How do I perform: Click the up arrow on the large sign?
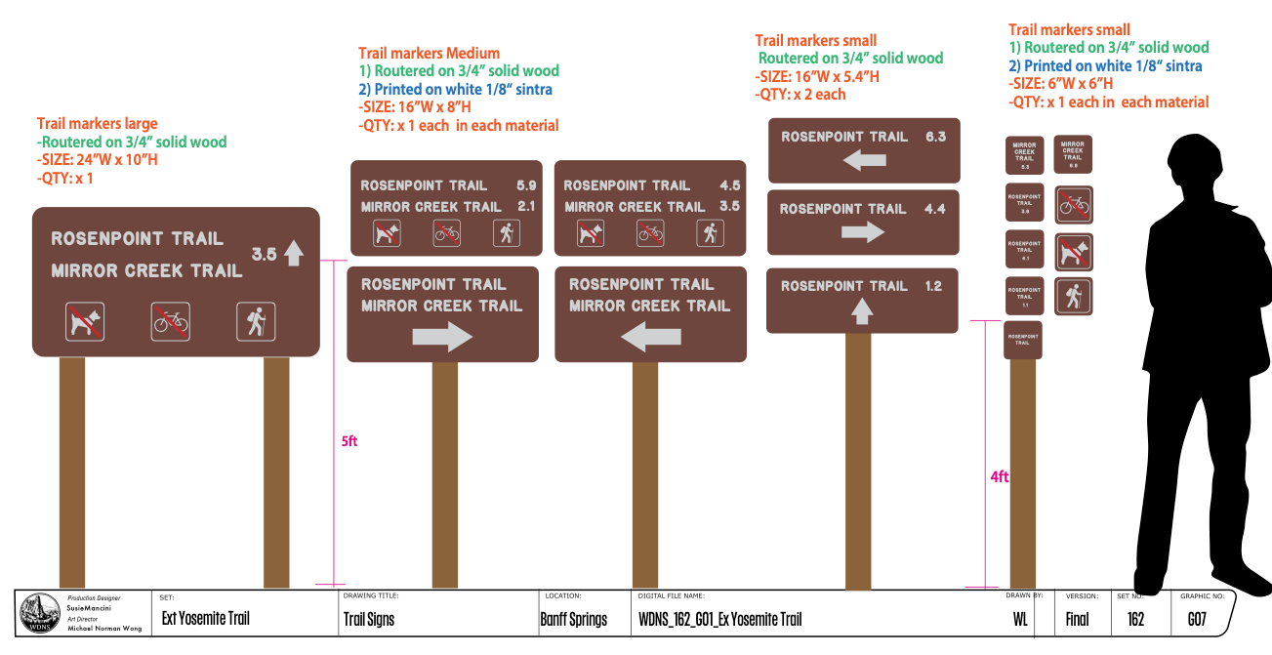[294, 255]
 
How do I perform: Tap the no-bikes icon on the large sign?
[171, 320]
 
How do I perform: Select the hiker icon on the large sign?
[256, 321]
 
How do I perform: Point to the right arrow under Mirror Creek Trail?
[442, 337]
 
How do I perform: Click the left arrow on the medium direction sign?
[650, 338]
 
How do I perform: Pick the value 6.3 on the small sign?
[935, 137]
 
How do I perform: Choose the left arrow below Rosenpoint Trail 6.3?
[864, 160]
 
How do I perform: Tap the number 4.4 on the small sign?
[934, 209]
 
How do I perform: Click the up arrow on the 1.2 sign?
[861, 311]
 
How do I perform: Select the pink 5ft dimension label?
[349, 441]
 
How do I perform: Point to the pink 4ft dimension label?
[999, 476]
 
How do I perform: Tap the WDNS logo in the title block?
[38, 613]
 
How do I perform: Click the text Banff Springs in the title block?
[573, 619]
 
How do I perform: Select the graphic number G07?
[1197, 619]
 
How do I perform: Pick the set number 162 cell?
[1135, 619]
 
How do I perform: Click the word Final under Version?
[1077, 619]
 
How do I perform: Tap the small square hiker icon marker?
[1073, 297]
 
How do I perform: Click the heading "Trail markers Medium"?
[429, 54]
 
